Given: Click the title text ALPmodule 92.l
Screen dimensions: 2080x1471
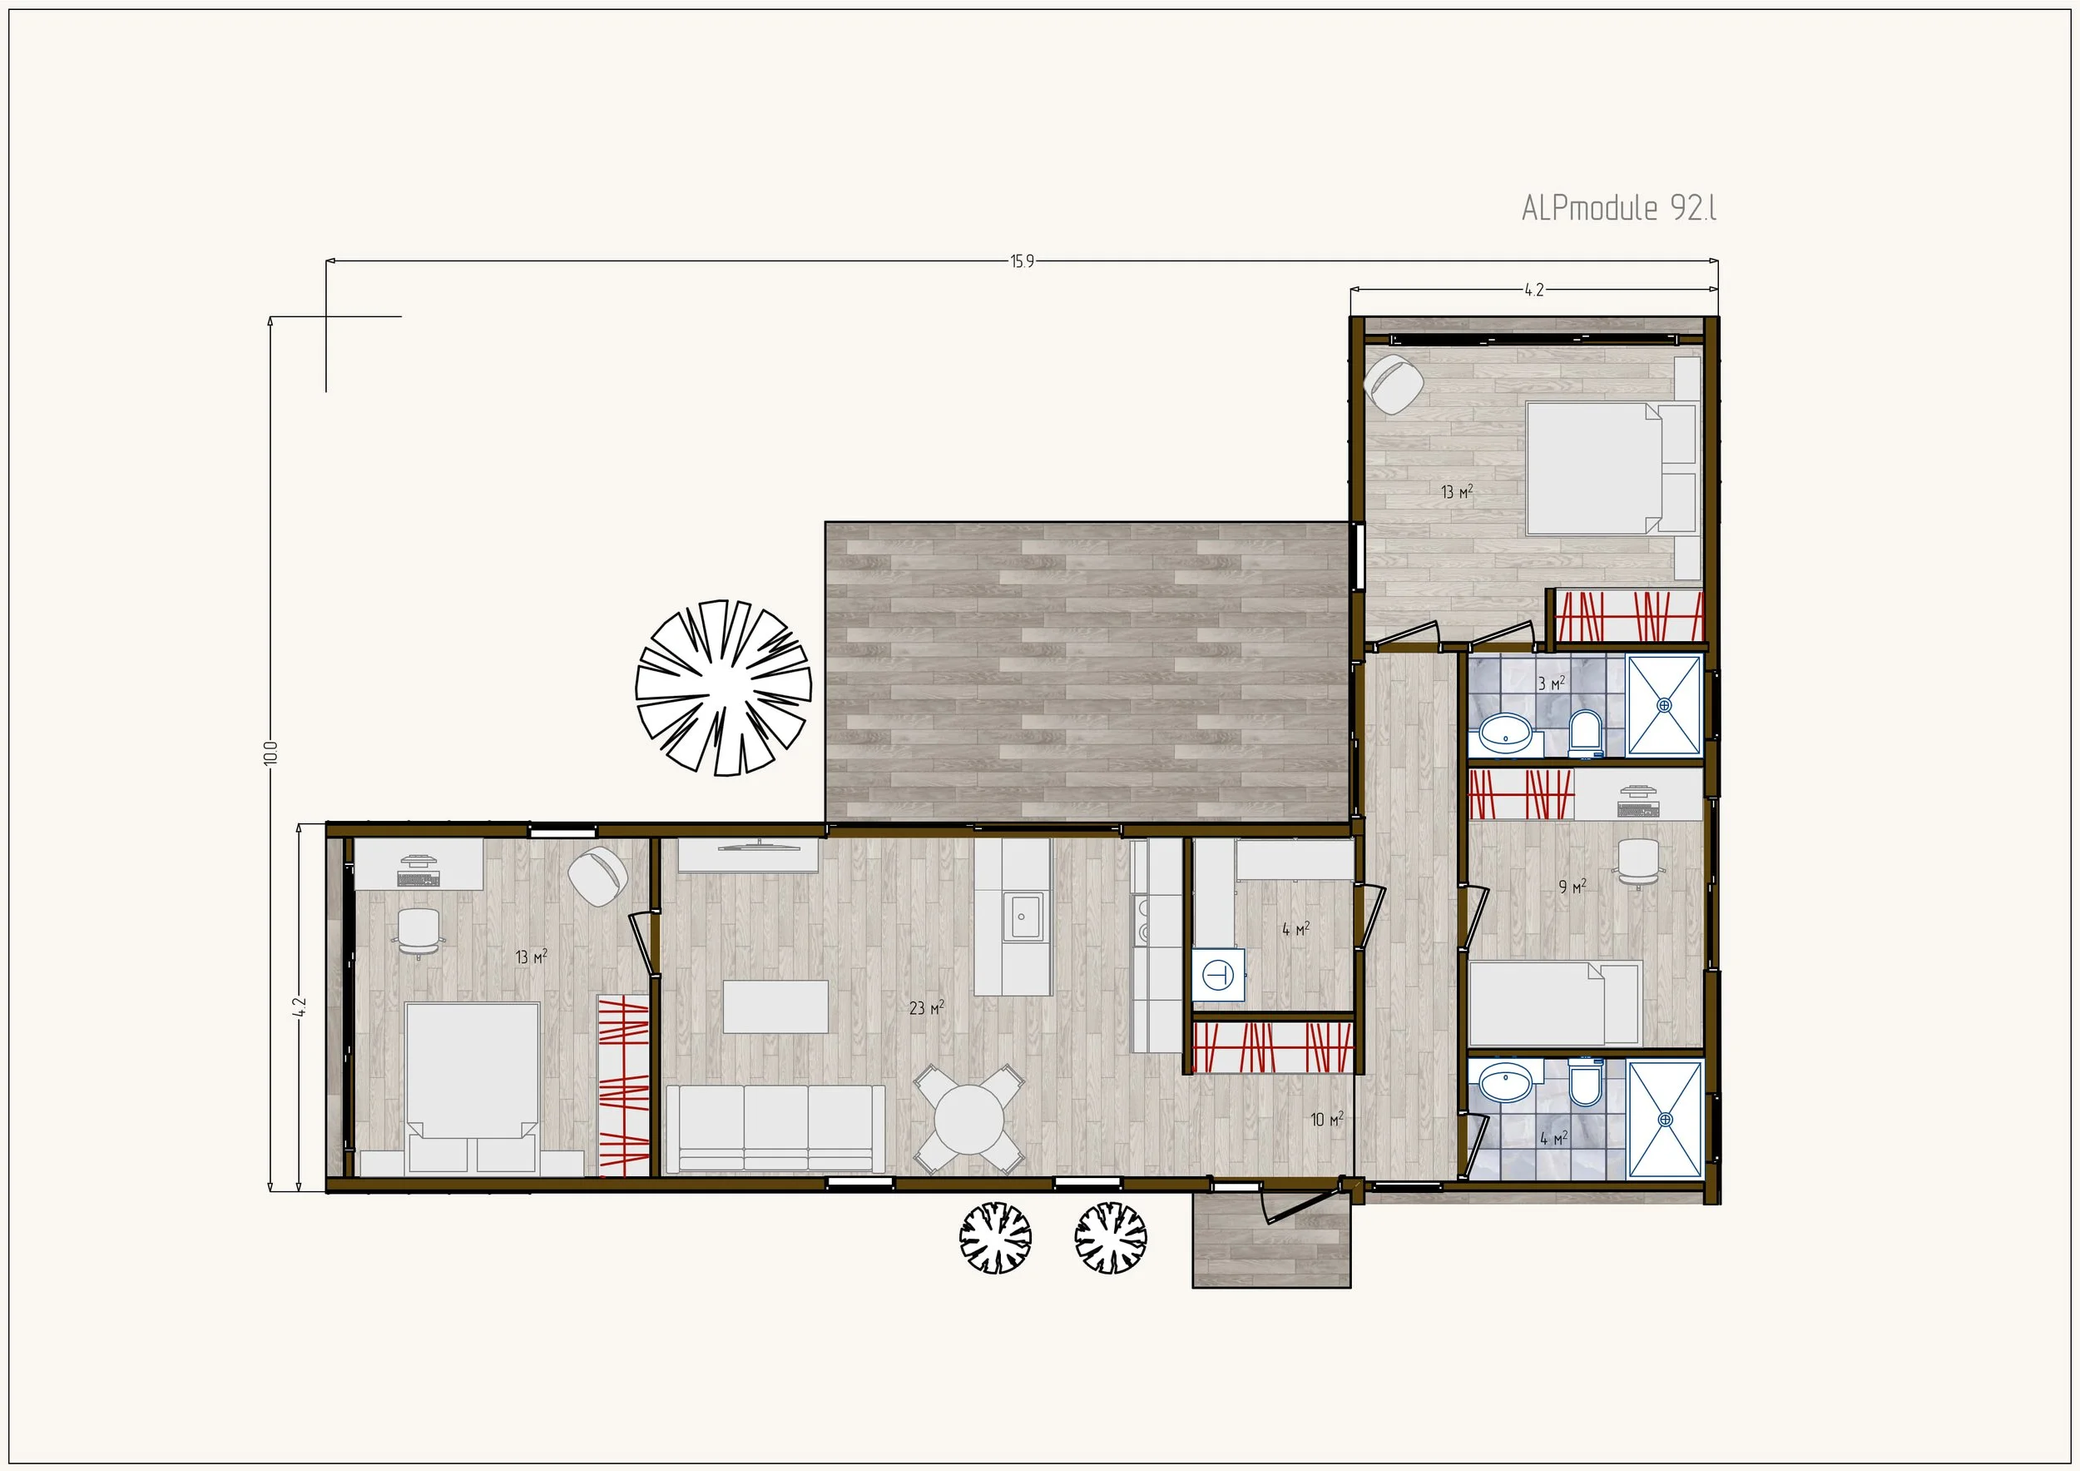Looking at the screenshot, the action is click(1619, 207).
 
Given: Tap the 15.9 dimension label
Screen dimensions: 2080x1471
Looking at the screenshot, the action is click(1022, 262).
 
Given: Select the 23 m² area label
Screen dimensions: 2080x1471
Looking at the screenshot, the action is click(927, 1007).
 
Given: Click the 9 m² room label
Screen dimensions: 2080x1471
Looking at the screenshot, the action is click(1572, 887).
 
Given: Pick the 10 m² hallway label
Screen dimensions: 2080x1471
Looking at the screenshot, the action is click(1327, 1120).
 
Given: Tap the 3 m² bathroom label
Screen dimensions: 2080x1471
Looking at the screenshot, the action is click(1551, 683).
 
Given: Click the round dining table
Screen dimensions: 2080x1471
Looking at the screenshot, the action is click(969, 1120).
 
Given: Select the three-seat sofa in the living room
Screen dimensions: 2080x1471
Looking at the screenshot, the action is click(775, 1128).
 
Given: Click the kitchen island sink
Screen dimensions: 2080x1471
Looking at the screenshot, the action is click(1022, 917).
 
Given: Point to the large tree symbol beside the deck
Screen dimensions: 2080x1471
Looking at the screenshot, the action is click(723, 687).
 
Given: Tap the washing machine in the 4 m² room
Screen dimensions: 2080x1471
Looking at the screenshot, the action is click(1217, 974).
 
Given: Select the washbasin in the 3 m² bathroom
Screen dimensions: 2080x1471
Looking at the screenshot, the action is click(1506, 733).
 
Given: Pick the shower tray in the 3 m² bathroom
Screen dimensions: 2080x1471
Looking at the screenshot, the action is click(1664, 705).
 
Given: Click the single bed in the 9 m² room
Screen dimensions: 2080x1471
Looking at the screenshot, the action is click(1554, 1003).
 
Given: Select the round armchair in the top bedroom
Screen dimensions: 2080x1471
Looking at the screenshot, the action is click(1394, 385).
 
